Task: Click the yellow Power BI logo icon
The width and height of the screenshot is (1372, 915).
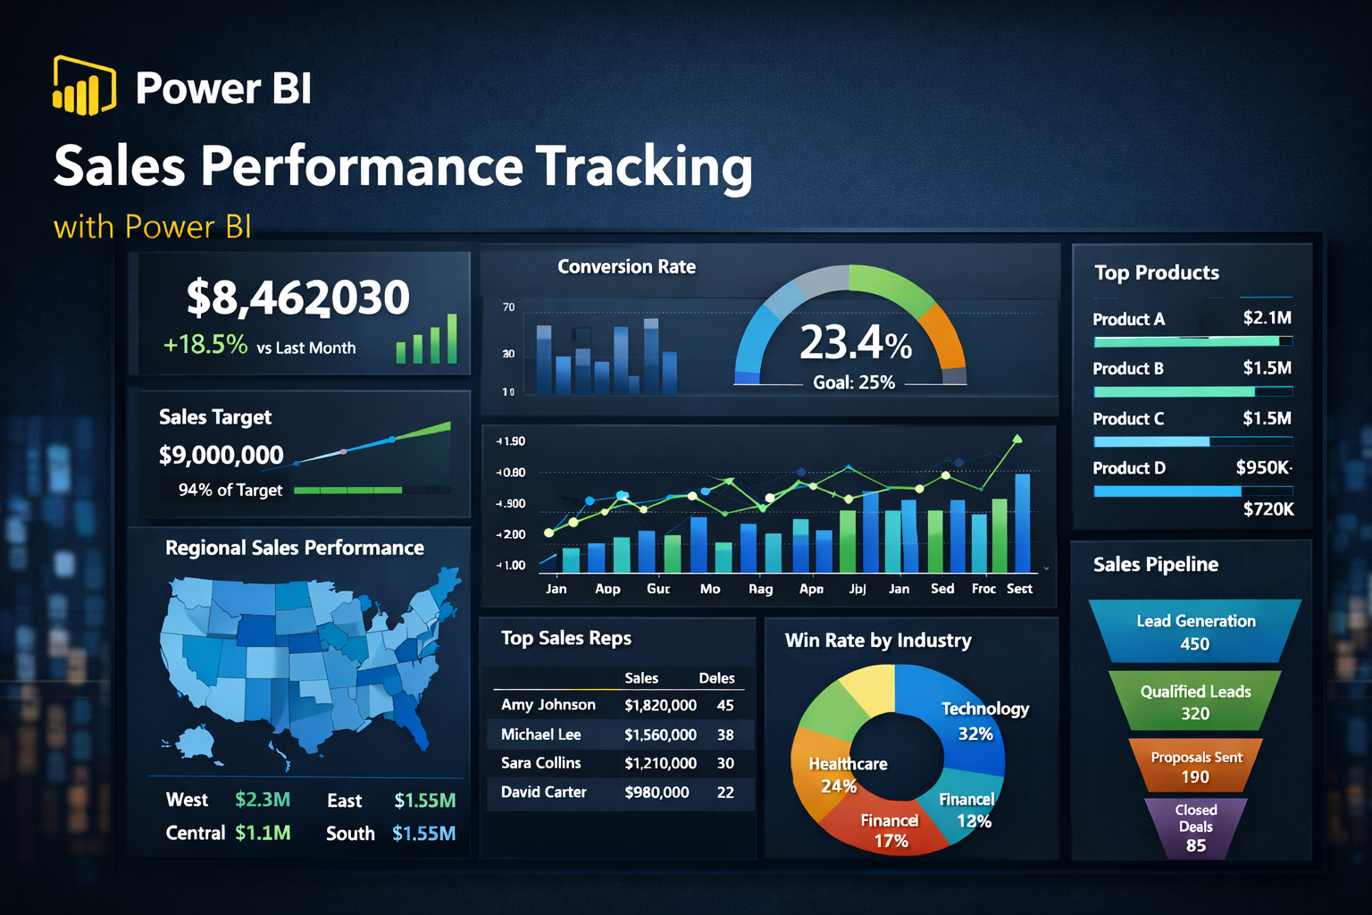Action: (84, 86)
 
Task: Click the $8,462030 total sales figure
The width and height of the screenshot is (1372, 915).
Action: (297, 298)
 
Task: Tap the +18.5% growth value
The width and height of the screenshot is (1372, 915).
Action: (205, 345)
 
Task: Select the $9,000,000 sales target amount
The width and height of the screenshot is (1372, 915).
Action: (221, 455)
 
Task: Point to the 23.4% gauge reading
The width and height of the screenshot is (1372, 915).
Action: (855, 342)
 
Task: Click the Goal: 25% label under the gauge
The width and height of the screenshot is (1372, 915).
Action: (853, 382)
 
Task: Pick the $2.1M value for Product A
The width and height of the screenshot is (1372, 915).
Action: (1267, 318)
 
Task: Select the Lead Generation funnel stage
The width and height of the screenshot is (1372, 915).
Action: (1195, 632)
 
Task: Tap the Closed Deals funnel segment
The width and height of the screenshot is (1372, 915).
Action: (1195, 827)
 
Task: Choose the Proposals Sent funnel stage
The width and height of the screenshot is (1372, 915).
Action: (1196, 767)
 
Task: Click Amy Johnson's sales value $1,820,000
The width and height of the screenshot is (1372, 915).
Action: (660, 705)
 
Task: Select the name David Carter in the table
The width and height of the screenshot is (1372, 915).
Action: (543, 793)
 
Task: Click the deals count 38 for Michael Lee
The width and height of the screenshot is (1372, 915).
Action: (725, 735)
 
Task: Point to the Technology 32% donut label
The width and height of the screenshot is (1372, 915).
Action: (983, 720)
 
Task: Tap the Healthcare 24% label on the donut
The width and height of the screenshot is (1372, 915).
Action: (847, 775)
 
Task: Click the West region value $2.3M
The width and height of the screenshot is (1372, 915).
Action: (263, 800)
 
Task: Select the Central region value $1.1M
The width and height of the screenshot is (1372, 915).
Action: (263, 833)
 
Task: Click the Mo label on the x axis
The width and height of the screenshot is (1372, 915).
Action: (710, 589)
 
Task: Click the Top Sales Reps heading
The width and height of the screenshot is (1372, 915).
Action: (565, 638)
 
